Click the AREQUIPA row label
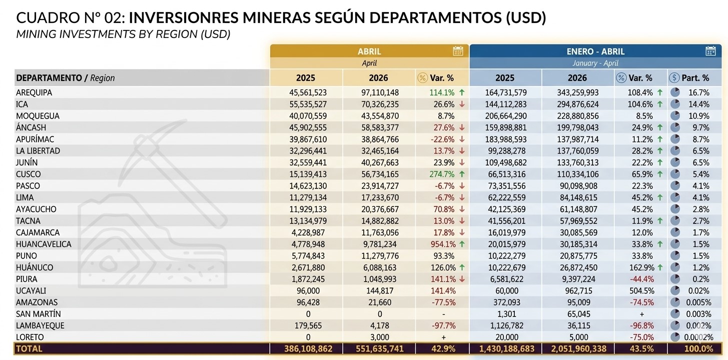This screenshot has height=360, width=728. (x=34, y=92)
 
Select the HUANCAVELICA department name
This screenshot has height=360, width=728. (x=44, y=244)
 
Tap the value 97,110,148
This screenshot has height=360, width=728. (x=380, y=92)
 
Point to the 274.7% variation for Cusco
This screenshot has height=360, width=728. (x=442, y=174)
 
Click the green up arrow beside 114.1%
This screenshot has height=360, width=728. (x=462, y=92)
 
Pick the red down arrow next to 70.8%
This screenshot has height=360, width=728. (x=462, y=209)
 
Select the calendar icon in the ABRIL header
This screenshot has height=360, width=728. (x=458, y=51)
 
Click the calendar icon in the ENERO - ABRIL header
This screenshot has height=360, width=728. (x=710, y=51)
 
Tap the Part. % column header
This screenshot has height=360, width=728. (x=695, y=78)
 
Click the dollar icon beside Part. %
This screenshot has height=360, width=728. (x=674, y=78)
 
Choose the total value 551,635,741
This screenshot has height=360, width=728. (x=380, y=348)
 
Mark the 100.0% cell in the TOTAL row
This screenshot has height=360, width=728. (x=698, y=348)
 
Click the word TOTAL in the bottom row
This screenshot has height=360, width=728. (x=29, y=348)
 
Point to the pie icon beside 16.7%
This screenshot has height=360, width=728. (x=675, y=92)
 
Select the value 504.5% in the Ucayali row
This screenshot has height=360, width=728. (x=641, y=291)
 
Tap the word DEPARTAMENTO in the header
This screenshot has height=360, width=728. (x=49, y=78)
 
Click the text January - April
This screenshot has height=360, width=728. (x=595, y=63)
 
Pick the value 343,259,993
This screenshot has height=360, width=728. (x=577, y=92)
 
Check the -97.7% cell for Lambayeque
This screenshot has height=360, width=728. (x=443, y=325)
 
